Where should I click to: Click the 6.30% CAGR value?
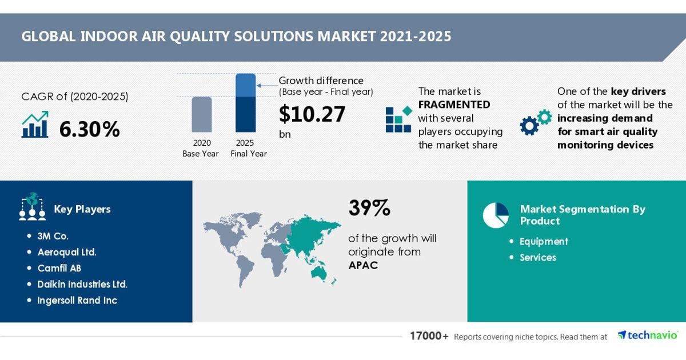89,129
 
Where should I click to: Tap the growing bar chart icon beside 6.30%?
35,125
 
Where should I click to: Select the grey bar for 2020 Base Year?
201,114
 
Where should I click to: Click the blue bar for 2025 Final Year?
245,103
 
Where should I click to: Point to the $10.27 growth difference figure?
312,114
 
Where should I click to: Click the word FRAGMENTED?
454,105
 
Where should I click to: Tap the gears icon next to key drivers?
536,122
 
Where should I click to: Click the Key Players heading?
82,209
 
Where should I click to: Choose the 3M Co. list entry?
53,236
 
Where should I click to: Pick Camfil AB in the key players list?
59,268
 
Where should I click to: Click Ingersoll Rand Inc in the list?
77,301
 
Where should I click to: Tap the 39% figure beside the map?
369,208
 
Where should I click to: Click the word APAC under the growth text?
363,265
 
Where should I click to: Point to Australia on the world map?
320,273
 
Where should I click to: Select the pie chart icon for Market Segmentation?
496,215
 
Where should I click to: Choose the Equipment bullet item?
544,242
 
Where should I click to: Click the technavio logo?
647,335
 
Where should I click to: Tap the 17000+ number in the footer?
429,336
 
